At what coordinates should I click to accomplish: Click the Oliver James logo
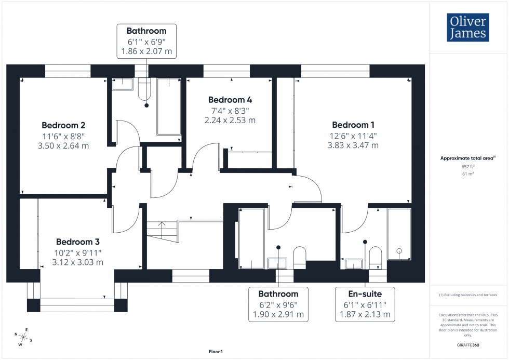click(467, 28)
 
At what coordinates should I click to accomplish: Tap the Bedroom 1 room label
click(353, 125)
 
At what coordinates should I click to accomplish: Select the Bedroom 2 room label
click(63, 125)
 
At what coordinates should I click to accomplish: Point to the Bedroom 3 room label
click(78, 242)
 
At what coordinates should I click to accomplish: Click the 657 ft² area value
click(468, 166)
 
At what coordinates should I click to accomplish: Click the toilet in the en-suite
click(375, 257)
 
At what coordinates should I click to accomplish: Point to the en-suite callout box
click(365, 304)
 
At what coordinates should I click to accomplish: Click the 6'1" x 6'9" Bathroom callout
click(146, 41)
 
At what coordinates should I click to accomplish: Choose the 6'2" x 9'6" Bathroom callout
click(278, 304)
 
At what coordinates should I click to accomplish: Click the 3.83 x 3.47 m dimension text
click(353, 145)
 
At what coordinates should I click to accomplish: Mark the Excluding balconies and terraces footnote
click(468, 295)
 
